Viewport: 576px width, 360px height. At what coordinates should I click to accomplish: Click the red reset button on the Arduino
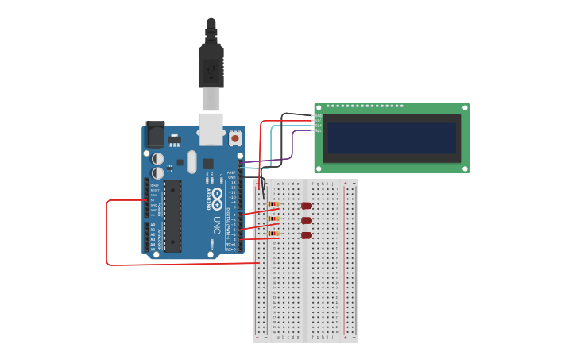point(235,138)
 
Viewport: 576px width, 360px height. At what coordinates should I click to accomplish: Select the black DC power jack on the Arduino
point(155,135)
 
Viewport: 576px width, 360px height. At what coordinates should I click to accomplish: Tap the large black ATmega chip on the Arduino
point(172,215)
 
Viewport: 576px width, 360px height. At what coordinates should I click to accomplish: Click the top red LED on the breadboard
point(307,206)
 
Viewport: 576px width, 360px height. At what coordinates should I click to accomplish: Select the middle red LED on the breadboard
point(307,221)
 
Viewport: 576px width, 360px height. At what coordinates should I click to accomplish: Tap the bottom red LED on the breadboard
point(307,235)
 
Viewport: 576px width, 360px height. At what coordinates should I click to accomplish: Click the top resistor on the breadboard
point(273,205)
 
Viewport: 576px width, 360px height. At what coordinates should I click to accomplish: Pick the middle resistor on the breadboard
point(273,219)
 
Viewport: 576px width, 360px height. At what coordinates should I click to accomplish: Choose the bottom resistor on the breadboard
point(273,234)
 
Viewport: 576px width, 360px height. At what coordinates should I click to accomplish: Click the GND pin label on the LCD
point(319,116)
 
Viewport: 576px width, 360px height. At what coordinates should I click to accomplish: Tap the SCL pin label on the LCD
point(319,130)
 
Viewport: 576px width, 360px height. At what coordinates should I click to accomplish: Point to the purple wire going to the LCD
point(291,147)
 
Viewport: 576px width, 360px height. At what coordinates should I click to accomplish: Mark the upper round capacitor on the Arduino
point(158,158)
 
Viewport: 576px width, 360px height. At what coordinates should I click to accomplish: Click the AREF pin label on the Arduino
point(231,172)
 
